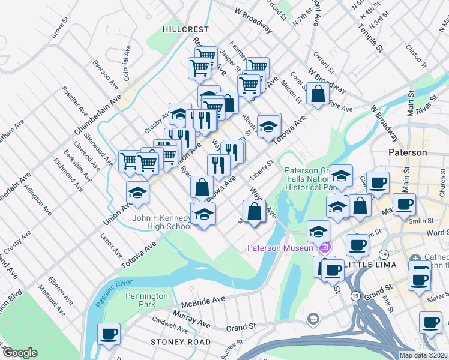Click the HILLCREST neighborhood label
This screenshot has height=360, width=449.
185,29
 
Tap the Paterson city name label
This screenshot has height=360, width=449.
408,152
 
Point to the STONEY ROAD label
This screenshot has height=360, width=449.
180,342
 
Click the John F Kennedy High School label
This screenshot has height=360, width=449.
162,222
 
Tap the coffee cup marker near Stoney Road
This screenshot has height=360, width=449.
109,333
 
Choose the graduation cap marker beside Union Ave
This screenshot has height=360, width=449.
137,192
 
